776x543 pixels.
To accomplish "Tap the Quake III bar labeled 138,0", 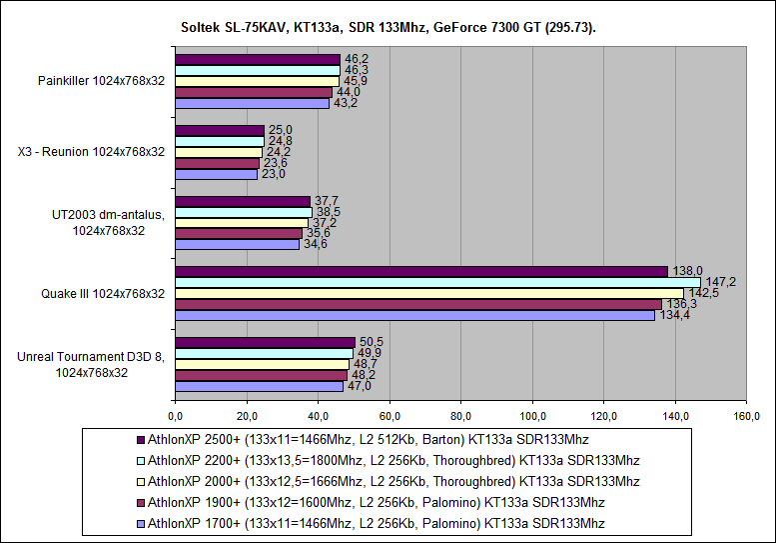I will point(420,271).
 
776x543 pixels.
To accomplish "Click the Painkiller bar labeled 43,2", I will point(252,103).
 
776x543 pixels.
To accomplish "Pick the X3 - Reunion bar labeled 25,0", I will point(220,130).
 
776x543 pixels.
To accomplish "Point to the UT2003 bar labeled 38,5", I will point(244,212).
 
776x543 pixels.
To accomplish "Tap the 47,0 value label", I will point(359,386).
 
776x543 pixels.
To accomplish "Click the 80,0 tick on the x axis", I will point(460,415).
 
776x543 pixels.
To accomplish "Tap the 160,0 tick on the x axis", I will point(746,415).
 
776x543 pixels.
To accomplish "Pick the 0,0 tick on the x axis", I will point(175,415).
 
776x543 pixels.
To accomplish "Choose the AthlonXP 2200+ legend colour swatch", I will point(140,460).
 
